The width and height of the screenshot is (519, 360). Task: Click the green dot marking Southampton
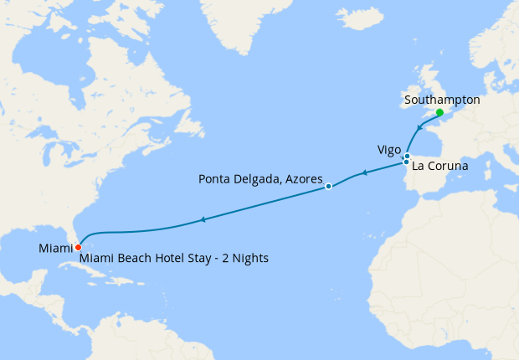439,112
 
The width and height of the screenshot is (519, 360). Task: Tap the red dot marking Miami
78,247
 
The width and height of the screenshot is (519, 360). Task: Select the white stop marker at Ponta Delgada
328,187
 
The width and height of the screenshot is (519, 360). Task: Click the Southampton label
441,99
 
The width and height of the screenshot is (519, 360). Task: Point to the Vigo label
388,150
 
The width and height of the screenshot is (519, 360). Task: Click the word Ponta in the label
216,178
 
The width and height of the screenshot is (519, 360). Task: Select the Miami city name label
55,248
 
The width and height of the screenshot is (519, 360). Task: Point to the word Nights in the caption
249,259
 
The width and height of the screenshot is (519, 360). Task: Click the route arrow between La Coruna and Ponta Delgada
364,174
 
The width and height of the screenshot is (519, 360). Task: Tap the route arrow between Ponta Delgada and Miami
203,220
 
